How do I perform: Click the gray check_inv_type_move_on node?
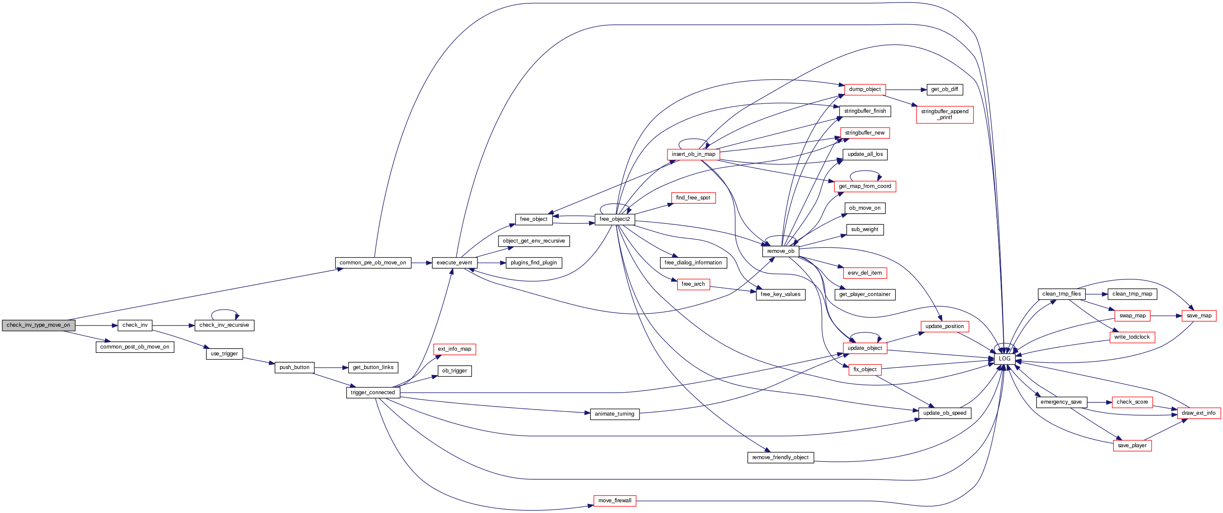coord(38,325)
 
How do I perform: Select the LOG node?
coord(1005,359)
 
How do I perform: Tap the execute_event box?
coord(454,263)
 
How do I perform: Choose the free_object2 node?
coord(614,219)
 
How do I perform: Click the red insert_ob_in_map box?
coord(693,154)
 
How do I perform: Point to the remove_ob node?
coord(781,252)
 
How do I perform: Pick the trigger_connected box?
coord(373,393)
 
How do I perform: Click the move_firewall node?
coord(614,501)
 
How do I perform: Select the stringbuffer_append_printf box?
coord(944,115)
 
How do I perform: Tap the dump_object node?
coord(864,89)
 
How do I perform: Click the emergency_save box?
coord(1061,402)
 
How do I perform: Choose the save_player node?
coord(1132,446)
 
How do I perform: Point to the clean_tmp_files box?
coord(1061,294)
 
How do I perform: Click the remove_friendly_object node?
coord(780,457)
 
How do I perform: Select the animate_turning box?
coord(614,414)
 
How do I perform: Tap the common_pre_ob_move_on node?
coord(373,263)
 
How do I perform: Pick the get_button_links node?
coord(373,367)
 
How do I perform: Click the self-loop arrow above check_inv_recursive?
coord(224,311)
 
